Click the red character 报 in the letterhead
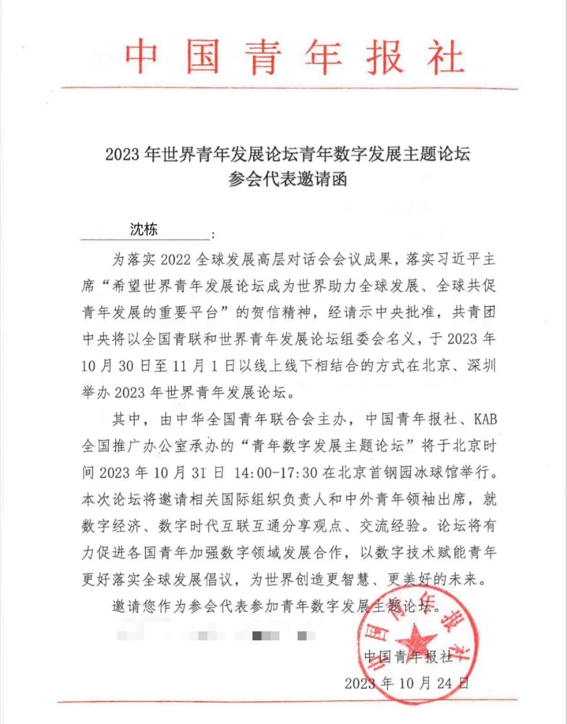383,56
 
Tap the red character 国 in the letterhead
202,56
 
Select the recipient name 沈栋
144,229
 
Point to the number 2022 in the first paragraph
175,259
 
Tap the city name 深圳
481,366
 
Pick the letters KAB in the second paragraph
485,419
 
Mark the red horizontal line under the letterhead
289,88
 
